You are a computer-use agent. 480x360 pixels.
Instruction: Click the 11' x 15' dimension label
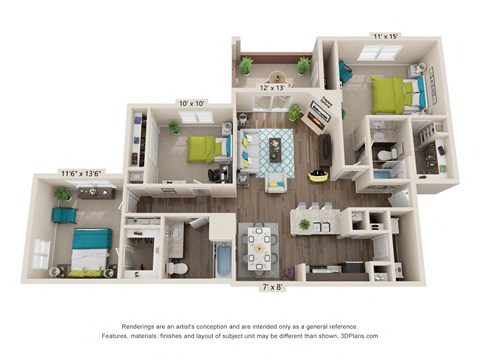(384, 36)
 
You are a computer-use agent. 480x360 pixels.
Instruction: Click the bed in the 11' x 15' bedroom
(396, 95)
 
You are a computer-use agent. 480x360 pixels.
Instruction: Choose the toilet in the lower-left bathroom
(176, 267)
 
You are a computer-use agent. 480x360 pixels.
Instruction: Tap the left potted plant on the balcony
(246, 65)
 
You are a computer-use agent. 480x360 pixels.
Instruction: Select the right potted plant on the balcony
(303, 65)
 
